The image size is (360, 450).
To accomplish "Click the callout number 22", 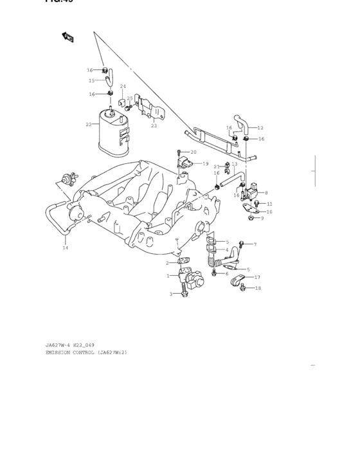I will (x=88, y=124).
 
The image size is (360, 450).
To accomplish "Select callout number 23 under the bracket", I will (x=154, y=126).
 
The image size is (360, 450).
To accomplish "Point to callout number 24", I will (x=122, y=86).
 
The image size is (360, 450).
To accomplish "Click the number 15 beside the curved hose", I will (x=91, y=80).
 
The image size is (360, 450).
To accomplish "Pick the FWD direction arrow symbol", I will (x=67, y=37).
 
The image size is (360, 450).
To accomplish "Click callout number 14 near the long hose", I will (x=64, y=248).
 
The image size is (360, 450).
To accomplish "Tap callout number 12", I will (x=260, y=127).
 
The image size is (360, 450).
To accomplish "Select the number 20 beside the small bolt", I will (x=193, y=152).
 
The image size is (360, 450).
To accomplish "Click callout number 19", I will (x=205, y=164).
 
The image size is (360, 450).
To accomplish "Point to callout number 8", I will (x=266, y=192).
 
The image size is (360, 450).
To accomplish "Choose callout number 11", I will (x=269, y=204).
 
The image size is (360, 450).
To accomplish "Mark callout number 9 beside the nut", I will (x=262, y=218).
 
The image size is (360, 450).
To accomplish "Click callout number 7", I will (x=255, y=244).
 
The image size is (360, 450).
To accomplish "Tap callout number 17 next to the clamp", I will (x=257, y=277).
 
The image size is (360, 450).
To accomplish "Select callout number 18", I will (x=258, y=288).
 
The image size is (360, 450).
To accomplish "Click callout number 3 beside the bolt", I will (x=171, y=294).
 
